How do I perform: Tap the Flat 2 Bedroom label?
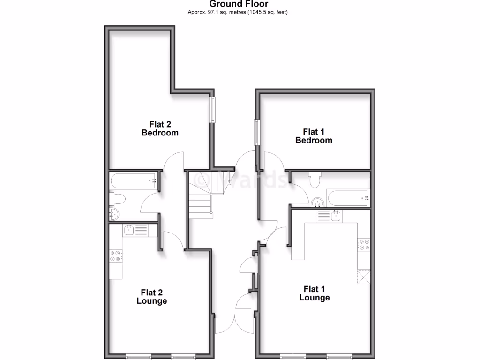pos(160,128)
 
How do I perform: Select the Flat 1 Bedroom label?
pos(314,136)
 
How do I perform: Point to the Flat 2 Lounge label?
pos(151,296)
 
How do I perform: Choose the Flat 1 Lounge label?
pos(315,293)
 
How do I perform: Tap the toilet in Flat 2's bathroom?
pos(117,199)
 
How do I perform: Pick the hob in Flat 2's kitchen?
pos(115,256)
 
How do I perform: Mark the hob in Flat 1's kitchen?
pos(364,245)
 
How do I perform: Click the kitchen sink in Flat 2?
pos(129,230)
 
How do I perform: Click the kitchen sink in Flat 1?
pos(336,216)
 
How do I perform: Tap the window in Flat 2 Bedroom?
pos(212,110)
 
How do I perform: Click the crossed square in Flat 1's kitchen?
pos(364,277)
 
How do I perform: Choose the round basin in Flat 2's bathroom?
pos(114,215)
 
